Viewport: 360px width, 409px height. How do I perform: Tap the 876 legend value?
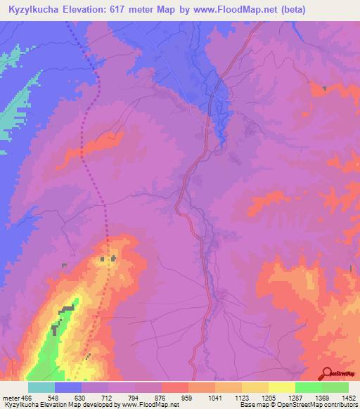click(162, 398)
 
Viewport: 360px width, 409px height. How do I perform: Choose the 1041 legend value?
click(215, 398)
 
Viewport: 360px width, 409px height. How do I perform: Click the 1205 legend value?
click(269, 398)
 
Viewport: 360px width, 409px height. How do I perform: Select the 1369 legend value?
click(322, 398)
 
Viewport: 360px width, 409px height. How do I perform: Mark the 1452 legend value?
click(348, 398)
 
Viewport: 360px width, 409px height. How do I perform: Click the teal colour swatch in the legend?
click(41, 387)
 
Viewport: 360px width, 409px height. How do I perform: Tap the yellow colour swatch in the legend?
click(281, 387)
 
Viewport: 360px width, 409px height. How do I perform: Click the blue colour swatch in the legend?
click(67, 387)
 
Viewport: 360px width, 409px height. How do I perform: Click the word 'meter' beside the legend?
click(10, 398)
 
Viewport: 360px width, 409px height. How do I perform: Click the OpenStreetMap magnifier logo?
click(326, 373)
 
